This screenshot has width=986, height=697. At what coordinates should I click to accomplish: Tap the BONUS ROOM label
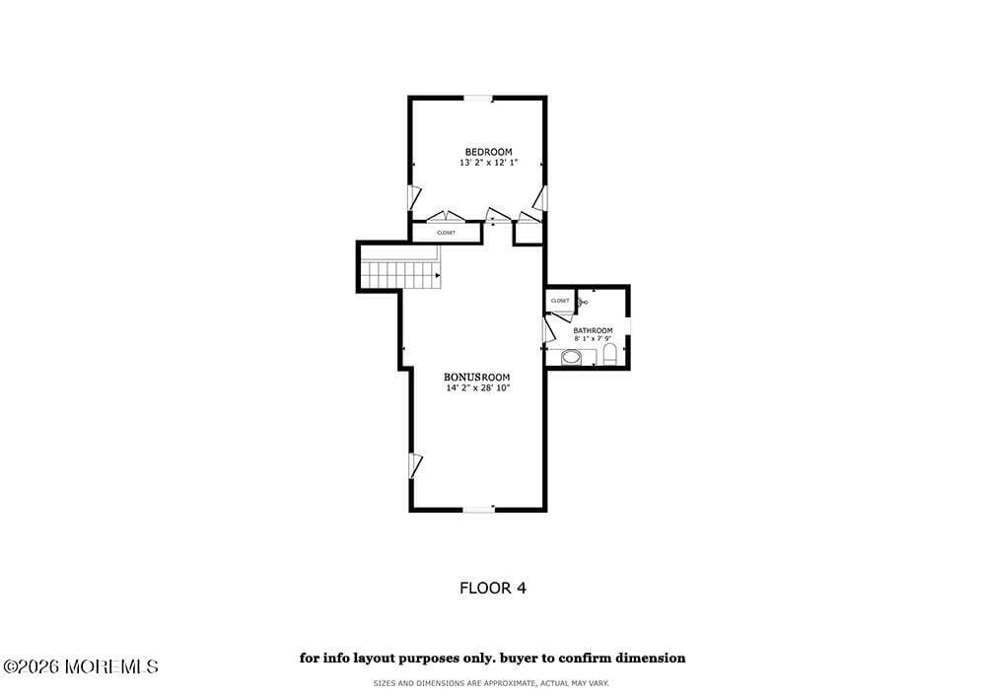click(477, 377)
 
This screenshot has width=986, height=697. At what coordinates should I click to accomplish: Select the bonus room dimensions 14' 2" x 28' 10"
click(477, 387)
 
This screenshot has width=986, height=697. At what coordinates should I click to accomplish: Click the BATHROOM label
click(593, 330)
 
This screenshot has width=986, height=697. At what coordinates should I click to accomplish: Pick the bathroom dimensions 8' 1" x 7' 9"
click(593, 339)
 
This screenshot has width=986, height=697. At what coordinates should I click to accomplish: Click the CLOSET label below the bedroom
click(446, 233)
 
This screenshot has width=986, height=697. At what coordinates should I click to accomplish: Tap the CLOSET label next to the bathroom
click(560, 301)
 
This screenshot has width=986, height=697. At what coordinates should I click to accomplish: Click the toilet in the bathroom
click(609, 354)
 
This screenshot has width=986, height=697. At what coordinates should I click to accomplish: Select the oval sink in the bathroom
click(571, 356)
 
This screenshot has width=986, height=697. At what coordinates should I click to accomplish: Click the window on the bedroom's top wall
click(478, 98)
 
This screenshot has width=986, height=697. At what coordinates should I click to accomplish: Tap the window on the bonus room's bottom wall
click(478, 509)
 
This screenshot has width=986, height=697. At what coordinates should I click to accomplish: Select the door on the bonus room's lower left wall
click(415, 465)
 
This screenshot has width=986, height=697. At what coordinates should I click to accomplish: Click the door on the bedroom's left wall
click(415, 196)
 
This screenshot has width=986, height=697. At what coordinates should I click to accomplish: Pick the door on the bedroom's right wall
click(539, 196)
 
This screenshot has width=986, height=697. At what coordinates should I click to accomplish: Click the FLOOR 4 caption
click(492, 588)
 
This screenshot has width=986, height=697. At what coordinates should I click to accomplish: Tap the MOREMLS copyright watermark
click(80, 667)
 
